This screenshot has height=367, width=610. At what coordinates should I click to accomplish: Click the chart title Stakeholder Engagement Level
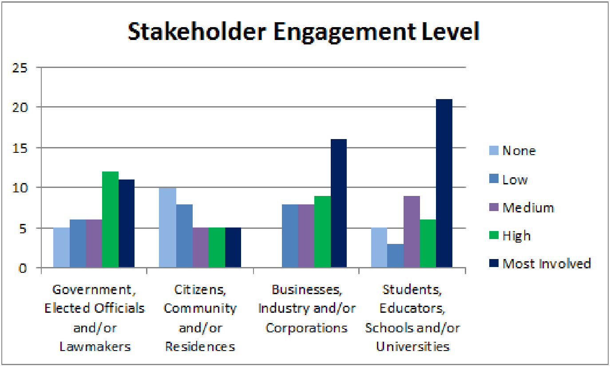point(304,32)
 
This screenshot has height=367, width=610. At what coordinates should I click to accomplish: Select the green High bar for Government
point(110,219)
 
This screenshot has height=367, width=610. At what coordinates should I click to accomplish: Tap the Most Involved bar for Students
point(444,183)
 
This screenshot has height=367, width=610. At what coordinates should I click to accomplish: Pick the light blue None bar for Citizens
point(168,227)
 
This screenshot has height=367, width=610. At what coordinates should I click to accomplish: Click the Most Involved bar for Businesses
point(338,203)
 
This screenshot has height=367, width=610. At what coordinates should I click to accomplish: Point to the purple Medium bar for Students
point(412,231)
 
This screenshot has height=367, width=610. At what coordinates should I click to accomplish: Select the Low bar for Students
point(395,255)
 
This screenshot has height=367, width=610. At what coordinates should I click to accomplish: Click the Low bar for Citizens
point(184,235)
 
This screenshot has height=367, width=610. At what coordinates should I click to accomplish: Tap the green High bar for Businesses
point(322,231)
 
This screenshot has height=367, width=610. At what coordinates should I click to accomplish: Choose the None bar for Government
point(61,247)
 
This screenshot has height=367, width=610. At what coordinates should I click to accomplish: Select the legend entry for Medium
point(528,207)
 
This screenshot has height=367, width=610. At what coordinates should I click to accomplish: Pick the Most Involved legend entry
point(546,263)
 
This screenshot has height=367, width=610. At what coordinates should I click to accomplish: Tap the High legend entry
point(516,235)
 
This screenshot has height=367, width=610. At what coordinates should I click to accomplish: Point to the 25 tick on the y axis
point(22,68)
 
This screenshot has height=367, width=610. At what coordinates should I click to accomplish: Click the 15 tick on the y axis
point(22,148)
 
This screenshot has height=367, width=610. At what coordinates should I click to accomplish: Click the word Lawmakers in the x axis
point(95,347)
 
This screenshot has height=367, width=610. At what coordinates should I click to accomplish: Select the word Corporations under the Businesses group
point(306,328)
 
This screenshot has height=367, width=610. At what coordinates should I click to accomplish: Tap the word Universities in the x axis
point(412,347)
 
